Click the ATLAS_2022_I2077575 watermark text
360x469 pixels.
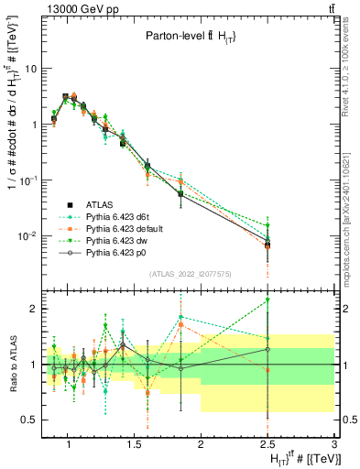pyautogui.click(x=189, y=274)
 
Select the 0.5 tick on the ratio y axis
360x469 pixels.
pyautogui.click(x=30, y=420)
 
